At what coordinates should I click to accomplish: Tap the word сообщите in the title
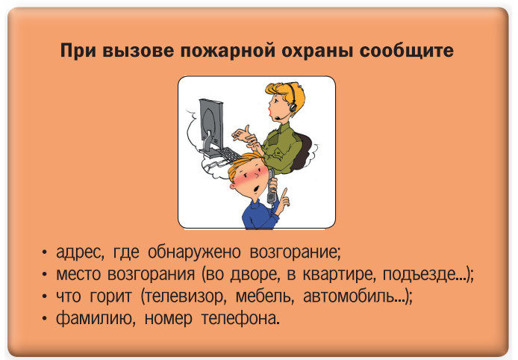406,52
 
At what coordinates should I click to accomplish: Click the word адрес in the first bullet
80,252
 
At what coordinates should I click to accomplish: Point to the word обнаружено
194,252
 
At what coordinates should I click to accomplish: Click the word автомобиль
354,296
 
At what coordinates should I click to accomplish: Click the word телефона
239,318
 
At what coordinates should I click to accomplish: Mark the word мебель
265,296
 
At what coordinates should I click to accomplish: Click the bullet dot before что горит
45,297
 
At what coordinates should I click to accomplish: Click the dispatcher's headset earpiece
293,107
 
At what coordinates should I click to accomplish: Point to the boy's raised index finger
284,193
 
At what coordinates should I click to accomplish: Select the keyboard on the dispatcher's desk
228,155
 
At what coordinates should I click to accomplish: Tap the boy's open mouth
256,189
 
